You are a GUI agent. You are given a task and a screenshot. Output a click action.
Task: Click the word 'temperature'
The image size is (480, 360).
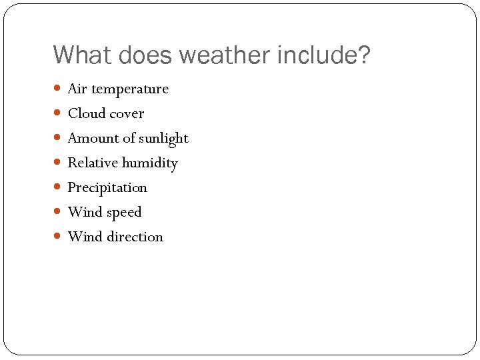coord(130,89)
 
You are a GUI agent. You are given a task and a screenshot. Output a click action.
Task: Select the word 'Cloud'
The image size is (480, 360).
coord(87,113)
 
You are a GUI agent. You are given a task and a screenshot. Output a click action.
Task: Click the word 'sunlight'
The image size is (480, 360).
coord(164,139)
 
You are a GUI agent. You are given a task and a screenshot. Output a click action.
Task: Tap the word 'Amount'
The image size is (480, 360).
coord(92,138)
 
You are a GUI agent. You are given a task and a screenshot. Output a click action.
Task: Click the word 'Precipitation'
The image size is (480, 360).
coord(107,187)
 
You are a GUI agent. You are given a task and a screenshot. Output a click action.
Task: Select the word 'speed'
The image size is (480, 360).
coord(124,213)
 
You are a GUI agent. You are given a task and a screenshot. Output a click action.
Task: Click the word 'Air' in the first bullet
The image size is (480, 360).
coord(77,89)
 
